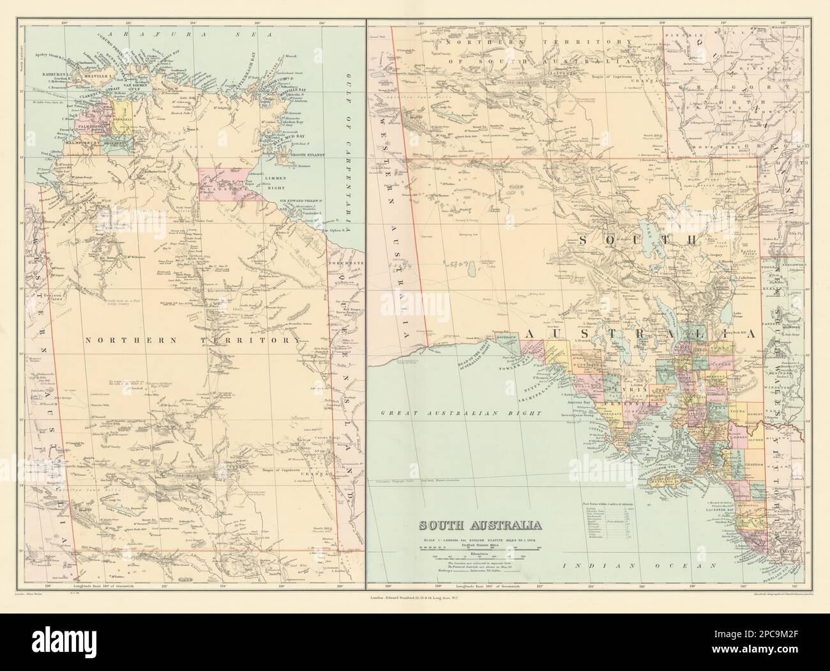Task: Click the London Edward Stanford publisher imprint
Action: pos(415,598)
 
